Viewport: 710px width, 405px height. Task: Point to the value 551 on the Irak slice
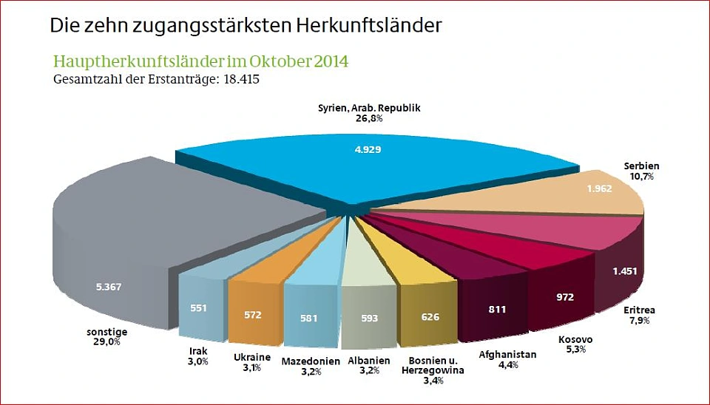199,308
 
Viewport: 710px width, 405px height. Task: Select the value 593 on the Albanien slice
370,319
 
